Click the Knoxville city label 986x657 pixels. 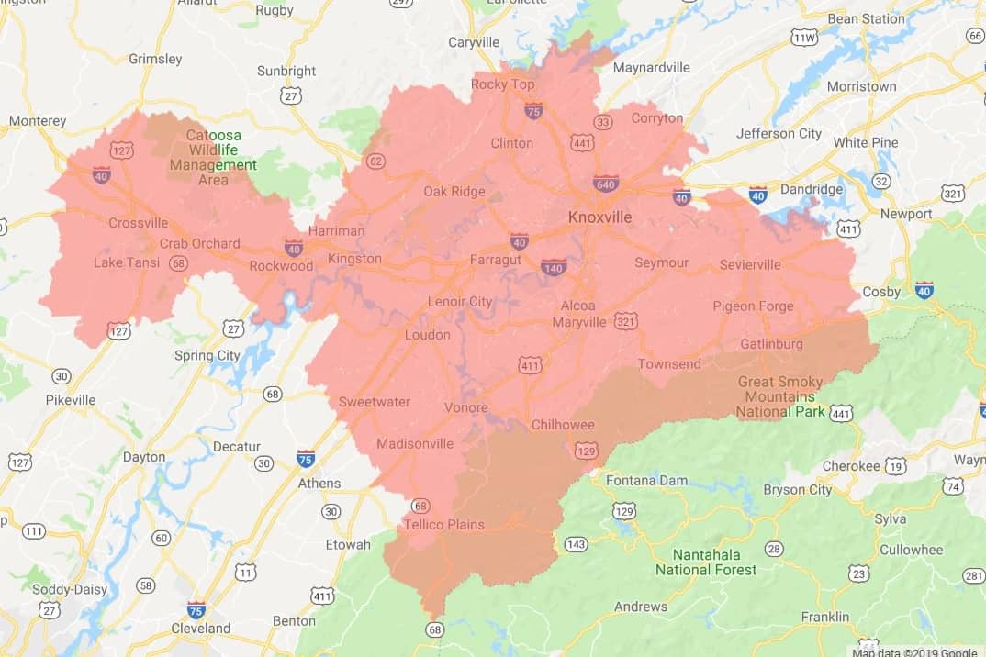(x=600, y=217)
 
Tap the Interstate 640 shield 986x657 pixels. (x=605, y=184)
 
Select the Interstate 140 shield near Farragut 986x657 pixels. (x=554, y=266)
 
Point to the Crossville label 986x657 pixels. (x=138, y=223)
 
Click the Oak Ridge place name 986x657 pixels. (x=454, y=191)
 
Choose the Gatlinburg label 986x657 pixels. (x=771, y=344)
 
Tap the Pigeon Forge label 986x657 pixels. (x=753, y=306)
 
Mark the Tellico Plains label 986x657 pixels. (x=443, y=525)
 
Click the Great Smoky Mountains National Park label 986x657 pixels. (x=780, y=396)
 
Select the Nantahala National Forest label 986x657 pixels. (x=706, y=562)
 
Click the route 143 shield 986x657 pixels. (x=576, y=544)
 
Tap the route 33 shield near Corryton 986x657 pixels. (x=603, y=122)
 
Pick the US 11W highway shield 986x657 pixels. (x=804, y=38)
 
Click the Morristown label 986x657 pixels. (x=861, y=86)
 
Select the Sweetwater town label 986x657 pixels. (x=375, y=402)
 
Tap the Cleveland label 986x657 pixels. (x=201, y=629)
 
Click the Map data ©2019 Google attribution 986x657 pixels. (x=913, y=651)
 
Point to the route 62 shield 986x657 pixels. (x=375, y=161)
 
